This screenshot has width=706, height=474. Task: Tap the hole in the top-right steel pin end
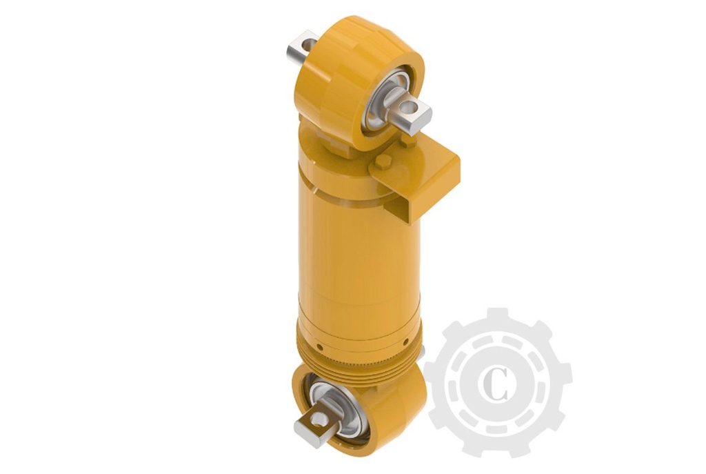click(410, 107)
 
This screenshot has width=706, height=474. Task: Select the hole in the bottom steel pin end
click(318, 419)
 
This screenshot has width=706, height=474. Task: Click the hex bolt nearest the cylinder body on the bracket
click(383, 161)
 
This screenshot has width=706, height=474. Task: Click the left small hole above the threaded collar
click(319, 347)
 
